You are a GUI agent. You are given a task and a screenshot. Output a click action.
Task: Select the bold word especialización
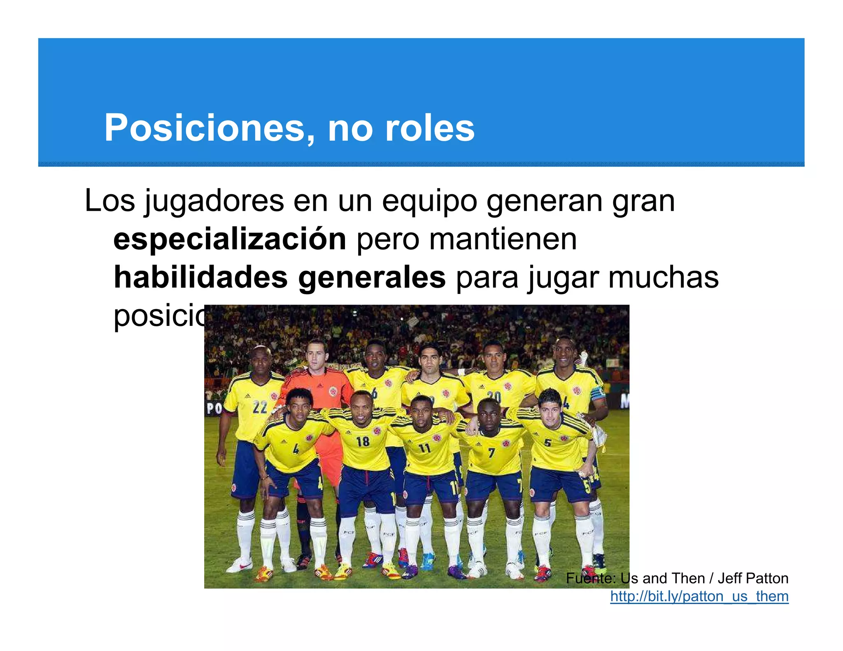230,239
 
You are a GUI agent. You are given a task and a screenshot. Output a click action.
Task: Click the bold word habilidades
200,277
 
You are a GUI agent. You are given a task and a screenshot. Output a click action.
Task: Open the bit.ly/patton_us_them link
699,596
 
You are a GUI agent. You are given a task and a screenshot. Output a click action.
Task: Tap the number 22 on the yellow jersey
260,407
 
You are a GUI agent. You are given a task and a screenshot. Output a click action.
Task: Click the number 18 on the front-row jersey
363,442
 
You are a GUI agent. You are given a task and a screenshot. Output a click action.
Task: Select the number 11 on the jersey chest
424,448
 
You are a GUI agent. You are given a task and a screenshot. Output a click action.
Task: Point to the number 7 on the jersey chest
491,453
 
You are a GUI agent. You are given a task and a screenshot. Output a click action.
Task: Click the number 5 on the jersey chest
547,443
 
